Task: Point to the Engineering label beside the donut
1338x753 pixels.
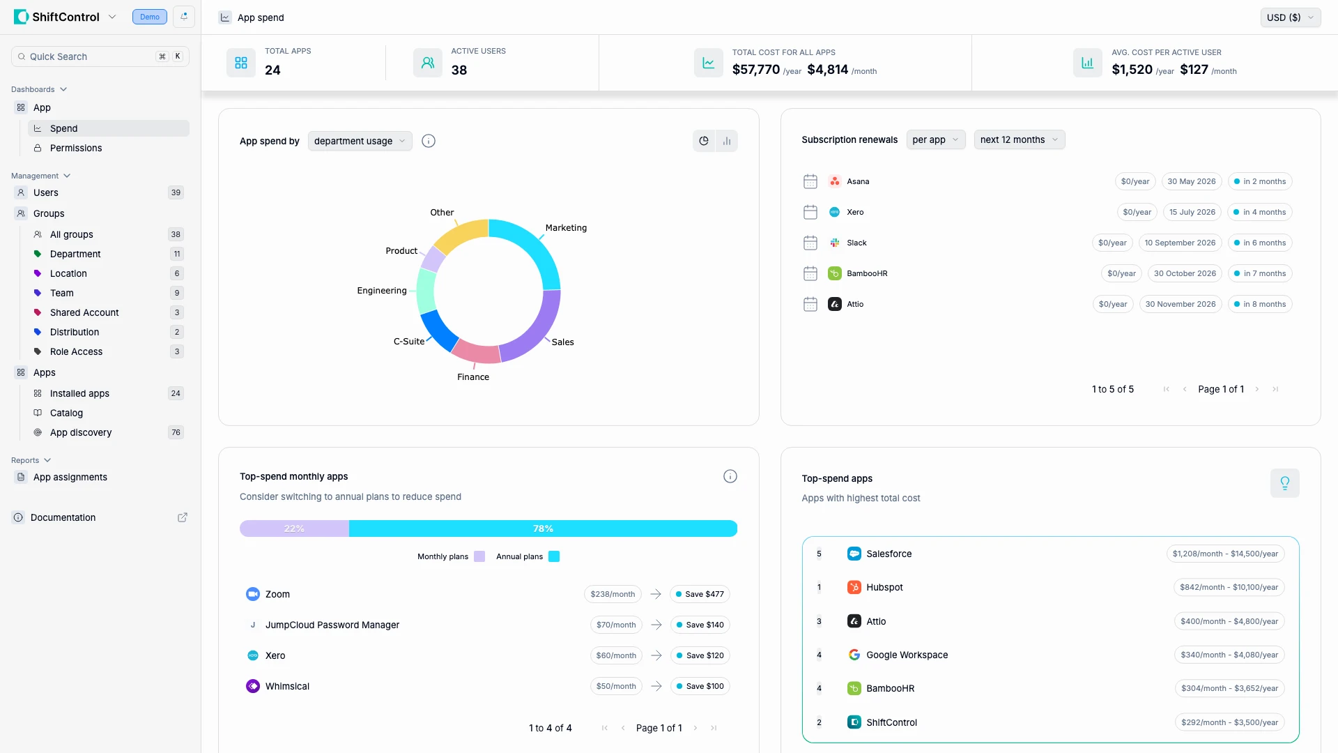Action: tap(381, 291)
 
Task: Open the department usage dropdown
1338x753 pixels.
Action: tap(360, 141)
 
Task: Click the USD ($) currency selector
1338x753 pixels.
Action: tap(1290, 17)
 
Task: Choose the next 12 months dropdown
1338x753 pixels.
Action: tap(1019, 139)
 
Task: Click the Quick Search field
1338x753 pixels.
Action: tap(91, 56)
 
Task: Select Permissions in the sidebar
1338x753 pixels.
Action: tap(76, 148)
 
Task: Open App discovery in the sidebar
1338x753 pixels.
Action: tap(81, 432)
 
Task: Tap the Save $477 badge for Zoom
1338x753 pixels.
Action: tap(700, 594)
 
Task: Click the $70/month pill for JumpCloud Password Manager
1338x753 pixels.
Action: tap(616, 625)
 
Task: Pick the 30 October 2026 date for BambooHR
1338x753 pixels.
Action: tap(1184, 273)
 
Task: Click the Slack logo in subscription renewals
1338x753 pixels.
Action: tap(834, 243)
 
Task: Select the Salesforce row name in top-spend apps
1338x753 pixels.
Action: tap(889, 554)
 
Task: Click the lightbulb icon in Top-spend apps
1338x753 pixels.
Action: tap(1284, 483)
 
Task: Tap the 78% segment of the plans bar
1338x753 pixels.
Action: tap(543, 528)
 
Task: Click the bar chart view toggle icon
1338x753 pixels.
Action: tap(727, 141)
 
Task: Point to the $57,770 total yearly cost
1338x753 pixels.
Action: tap(755, 69)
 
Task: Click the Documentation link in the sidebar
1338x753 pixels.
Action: tap(63, 517)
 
